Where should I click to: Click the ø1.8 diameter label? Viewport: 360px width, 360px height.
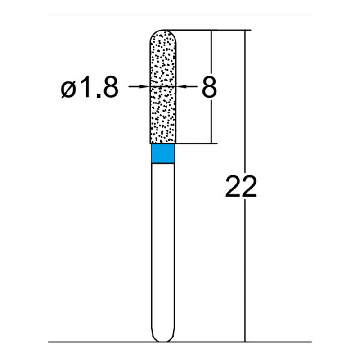(90, 88)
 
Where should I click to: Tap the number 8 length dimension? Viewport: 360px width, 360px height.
(209, 87)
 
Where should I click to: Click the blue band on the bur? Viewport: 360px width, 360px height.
(162, 154)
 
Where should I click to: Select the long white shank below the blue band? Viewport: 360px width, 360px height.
(162, 247)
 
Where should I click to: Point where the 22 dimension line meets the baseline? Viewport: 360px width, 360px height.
(245, 342)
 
